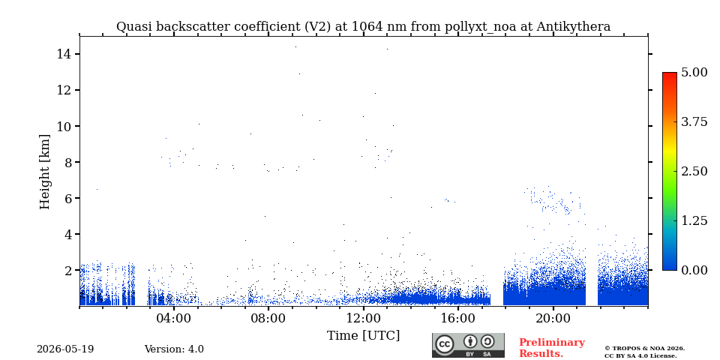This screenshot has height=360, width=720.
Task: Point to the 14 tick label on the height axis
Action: click(x=62, y=54)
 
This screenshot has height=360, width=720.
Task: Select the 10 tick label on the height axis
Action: click(x=62, y=126)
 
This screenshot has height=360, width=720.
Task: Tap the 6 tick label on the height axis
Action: click(x=66, y=198)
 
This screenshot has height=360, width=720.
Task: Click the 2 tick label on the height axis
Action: click(x=66, y=271)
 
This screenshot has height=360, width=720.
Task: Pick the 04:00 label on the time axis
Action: click(x=174, y=318)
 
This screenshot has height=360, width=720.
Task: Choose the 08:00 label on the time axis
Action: click(x=268, y=318)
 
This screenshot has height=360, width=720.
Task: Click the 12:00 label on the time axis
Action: click(x=363, y=318)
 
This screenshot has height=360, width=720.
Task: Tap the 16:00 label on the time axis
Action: click(x=457, y=318)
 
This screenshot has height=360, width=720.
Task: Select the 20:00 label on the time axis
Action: click(x=553, y=318)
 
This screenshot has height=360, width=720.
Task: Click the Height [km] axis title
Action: click(x=44, y=172)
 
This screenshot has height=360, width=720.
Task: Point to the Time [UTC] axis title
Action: click(x=363, y=336)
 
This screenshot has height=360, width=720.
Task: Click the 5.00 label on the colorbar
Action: click(x=694, y=72)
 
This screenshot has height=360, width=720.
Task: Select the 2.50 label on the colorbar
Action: click(x=694, y=171)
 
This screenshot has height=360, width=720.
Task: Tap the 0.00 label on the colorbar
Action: click(x=694, y=270)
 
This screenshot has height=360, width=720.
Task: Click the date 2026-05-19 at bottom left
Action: click(x=65, y=349)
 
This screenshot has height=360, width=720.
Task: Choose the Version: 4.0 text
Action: click(x=174, y=349)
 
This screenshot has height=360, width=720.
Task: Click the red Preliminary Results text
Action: click(x=551, y=348)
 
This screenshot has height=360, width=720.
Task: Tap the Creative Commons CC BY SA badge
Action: click(x=468, y=345)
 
